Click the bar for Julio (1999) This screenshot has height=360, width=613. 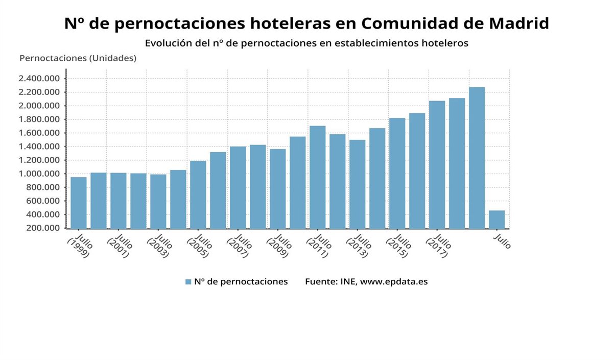tap(78, 203)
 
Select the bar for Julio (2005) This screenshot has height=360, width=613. tap(198, 195)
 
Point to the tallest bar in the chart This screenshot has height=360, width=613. tap(477, 158)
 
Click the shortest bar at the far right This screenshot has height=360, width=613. tap(497, 220)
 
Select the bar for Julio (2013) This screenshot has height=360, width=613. tap(358, 184)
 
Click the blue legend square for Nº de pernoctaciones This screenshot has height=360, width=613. tap(188, 282)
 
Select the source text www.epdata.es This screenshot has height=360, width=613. tap(394, 282)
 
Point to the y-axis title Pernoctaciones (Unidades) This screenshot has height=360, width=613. tap(78, 58)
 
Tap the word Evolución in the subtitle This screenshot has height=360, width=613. tap(169, 43)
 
